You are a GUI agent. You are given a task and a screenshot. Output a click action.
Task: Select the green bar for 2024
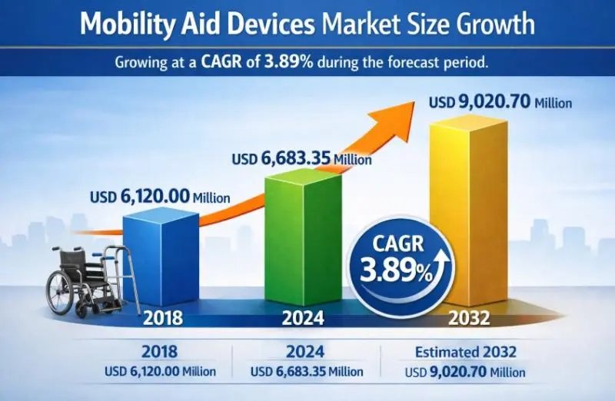[304, 238]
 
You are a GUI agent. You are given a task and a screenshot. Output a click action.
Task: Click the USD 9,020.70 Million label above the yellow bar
[500, 101]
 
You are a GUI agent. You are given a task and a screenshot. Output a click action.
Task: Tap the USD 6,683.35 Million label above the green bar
[301, 159]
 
